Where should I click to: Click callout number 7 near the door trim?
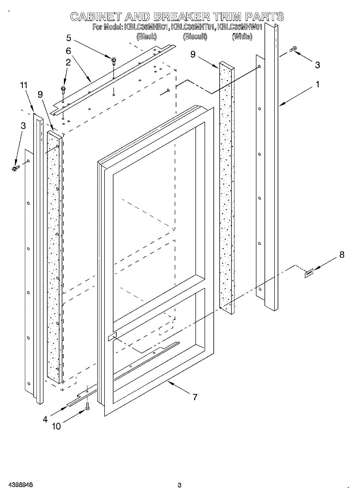coord(195,397)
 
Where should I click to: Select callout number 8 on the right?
coord(342,255)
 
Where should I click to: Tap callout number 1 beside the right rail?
coord(317,84)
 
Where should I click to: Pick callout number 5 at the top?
coord(69,38)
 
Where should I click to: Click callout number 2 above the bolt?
coord(68,63)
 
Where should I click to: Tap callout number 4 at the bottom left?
coord(45,419)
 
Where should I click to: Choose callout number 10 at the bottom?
coord(56,426)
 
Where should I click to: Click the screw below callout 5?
coord(113,61)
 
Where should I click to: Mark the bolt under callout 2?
coord(63,89)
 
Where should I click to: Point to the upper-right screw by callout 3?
coord(293,50)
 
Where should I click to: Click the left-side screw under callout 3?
coord(16,168)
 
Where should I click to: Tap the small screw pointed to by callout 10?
coord(87,408)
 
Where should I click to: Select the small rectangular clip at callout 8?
coord(309,273)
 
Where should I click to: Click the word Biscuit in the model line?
coord(195,36)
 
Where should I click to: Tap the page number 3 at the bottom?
coord(179,485)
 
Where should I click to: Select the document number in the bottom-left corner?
coord(21,485)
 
